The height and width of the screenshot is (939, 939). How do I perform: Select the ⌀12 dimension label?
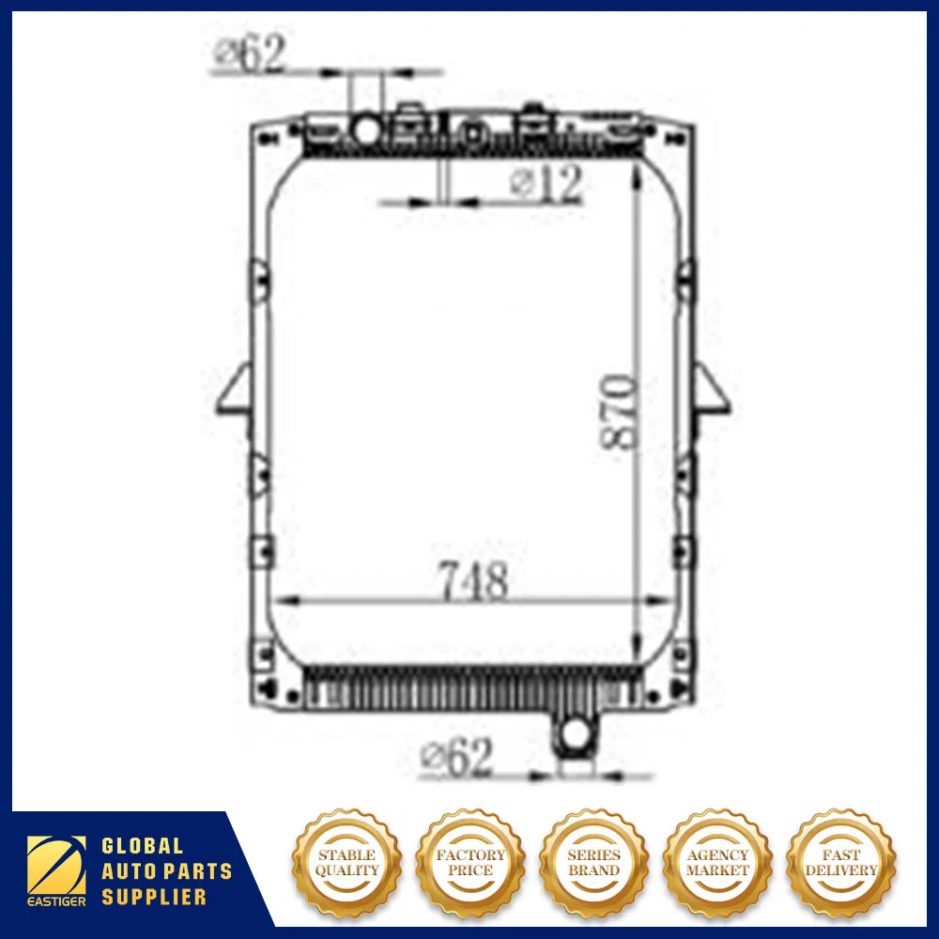pos(547,184)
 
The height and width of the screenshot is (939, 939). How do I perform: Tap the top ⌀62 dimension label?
pos(249,55)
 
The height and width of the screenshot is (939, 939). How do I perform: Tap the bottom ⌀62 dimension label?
pos(457,757)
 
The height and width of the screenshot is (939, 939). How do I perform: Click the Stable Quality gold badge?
pos(346,862)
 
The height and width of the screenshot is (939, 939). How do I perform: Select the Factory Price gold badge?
pos(470,862)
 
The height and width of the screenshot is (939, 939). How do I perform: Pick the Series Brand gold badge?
pos(593,862)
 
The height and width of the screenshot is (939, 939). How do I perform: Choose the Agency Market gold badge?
pos(717,862)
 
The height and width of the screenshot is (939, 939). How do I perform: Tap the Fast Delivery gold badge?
pos(840,862)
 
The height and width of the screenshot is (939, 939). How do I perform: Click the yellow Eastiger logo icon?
pos(55,863)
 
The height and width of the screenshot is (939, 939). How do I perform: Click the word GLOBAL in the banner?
pos(142,848)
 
